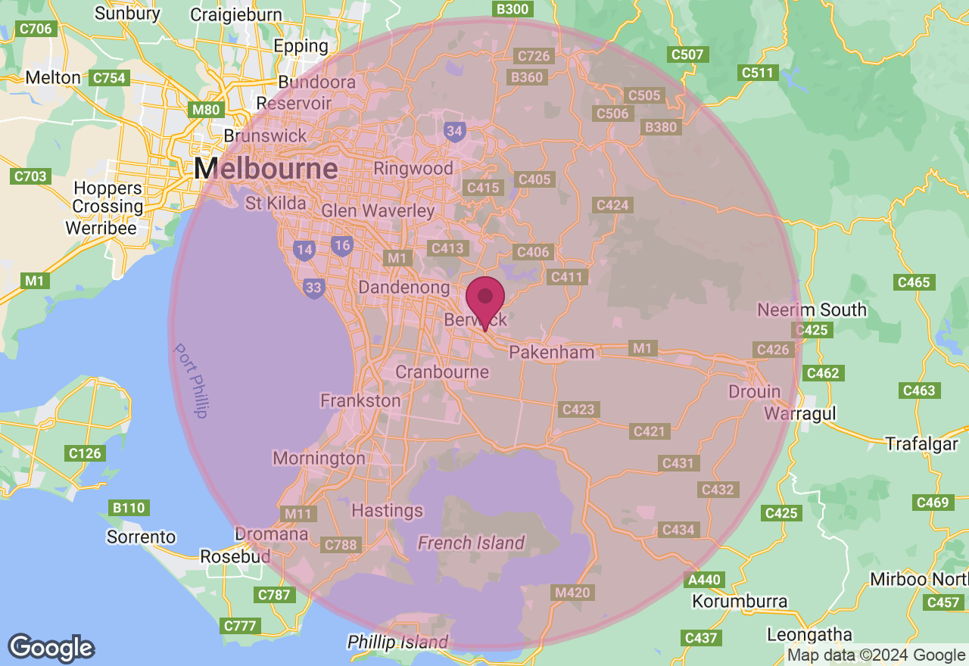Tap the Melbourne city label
pos(266,168)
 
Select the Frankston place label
pos(360,400)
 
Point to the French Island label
pos(471,543)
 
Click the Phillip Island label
pos(397,643)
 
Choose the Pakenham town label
pos(552,352)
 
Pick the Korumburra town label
pos(740,602)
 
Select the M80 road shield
pos(206,110)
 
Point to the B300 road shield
pos(512,9)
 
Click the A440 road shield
pos(703,580)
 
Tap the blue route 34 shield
pos(454,132)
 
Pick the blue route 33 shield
pos(313,288)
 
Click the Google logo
pos(51,648)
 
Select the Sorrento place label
pos(141,537)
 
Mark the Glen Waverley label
pos(379,211)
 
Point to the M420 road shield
pos(572,592)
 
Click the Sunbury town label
pos(128,13)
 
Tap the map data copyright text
pos(876,655)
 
